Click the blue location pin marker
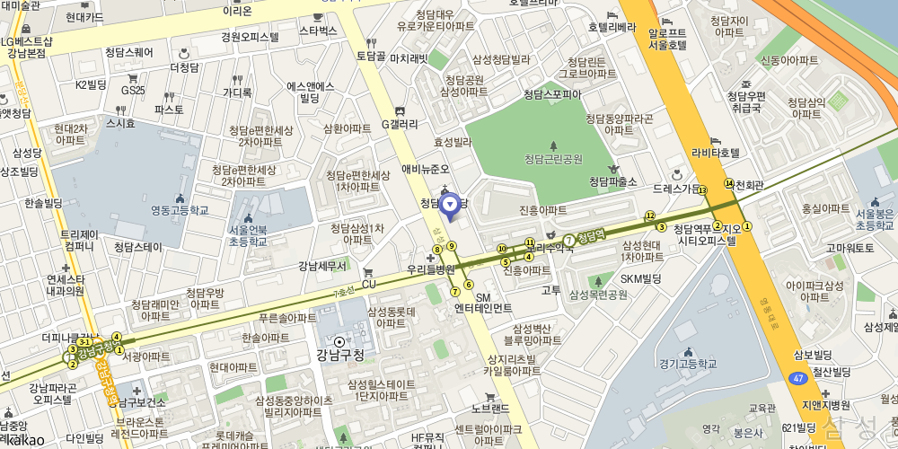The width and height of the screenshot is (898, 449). [x=451, y=206]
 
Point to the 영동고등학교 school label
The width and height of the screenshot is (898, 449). [x=180, y=210]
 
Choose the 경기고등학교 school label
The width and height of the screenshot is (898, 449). [x=688, y=364]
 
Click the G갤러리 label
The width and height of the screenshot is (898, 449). [x=400, y=124]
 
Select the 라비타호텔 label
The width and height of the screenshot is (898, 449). [x=716, y=154]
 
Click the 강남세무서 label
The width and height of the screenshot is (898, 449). [x=323, y=266]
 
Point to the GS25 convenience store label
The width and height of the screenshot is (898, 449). [x=133, y=90]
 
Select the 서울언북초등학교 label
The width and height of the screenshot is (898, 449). [x=247, y=236]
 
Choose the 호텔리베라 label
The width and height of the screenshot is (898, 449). [x=612, y=27]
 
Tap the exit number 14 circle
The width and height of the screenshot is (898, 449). [x=728, y=183]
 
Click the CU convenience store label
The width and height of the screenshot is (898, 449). [x=368, y=284]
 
